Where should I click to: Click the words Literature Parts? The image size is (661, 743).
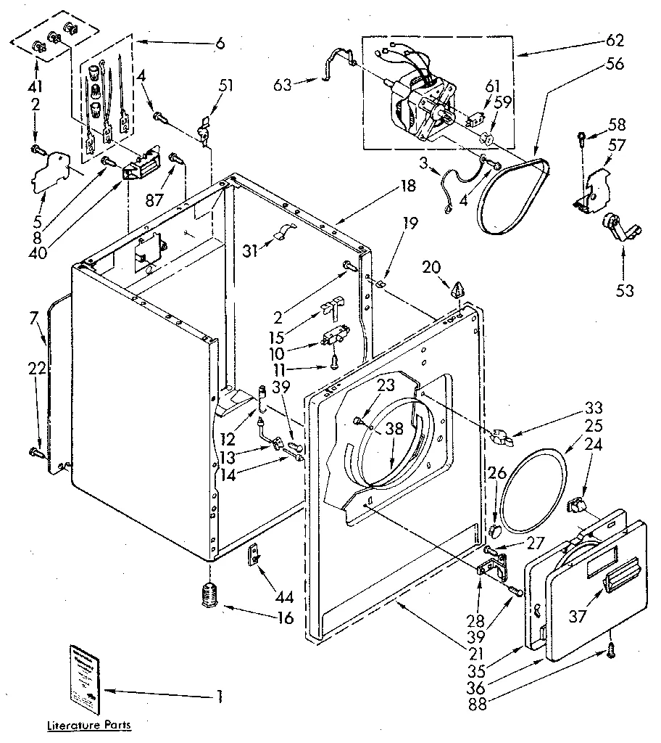(x=90, y=724)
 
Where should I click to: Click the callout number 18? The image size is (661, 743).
(x=407, y=186)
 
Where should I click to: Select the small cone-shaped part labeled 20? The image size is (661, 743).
(x=456, y=291)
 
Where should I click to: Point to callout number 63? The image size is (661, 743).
(x=283, y=85)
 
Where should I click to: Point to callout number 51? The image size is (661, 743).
(x=226, y=84)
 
